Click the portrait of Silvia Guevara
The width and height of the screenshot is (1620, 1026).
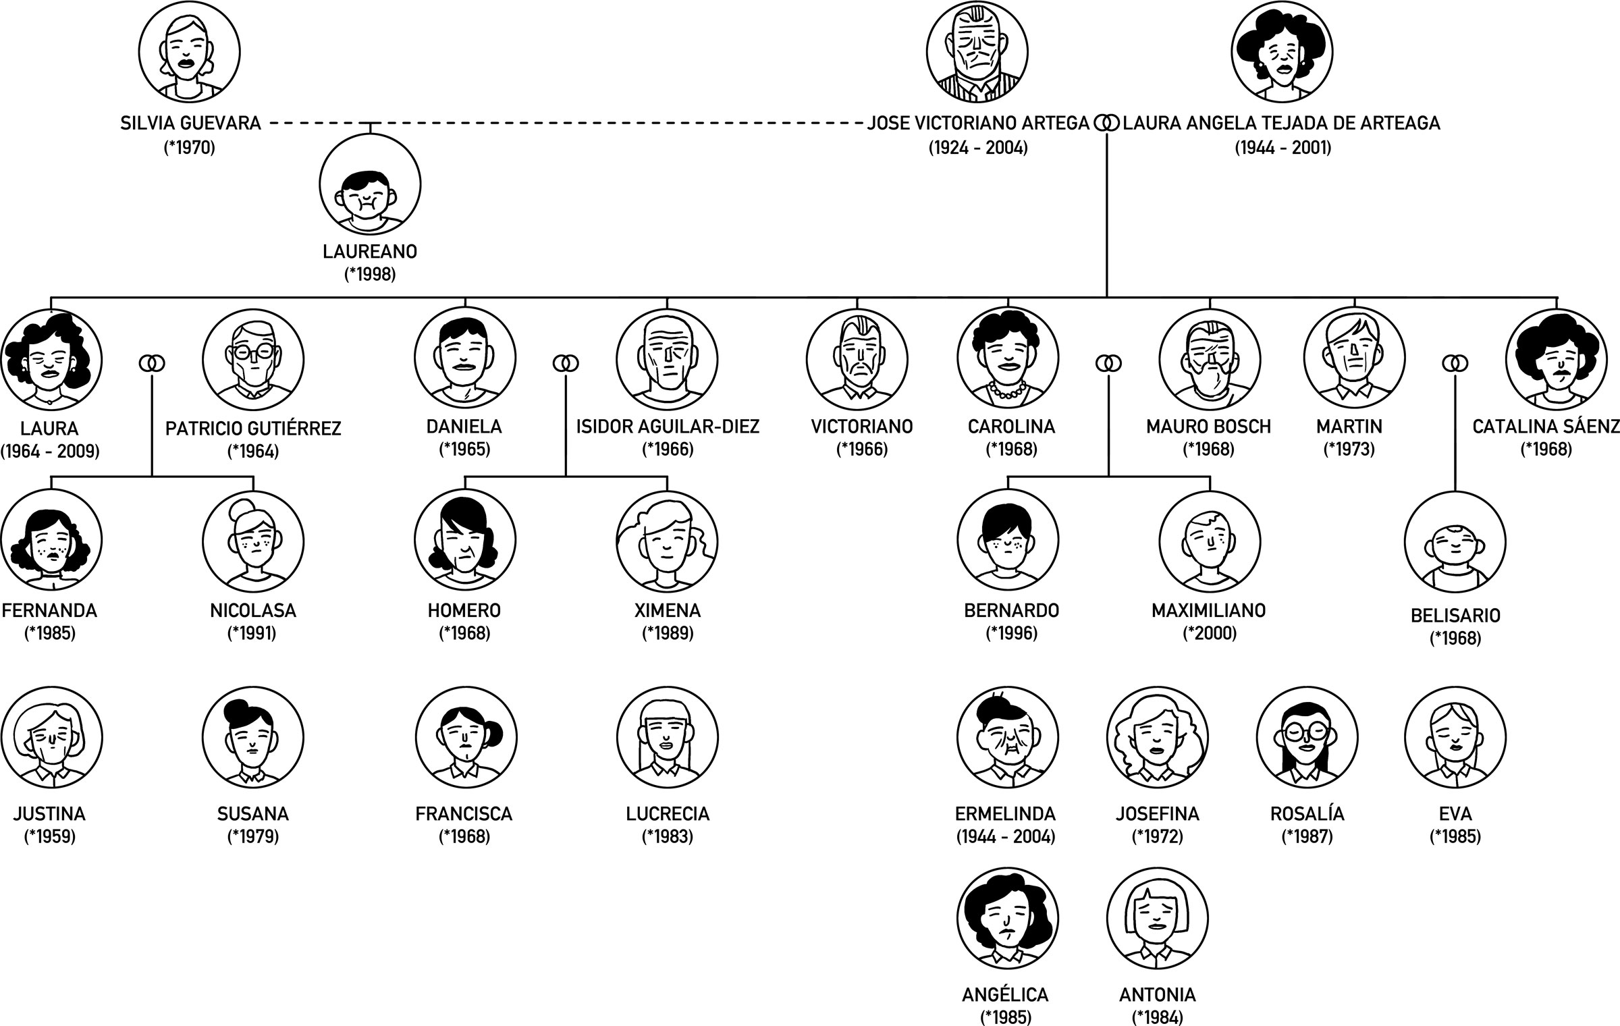coord(190,51)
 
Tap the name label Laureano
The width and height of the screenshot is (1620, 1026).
coord(370,252)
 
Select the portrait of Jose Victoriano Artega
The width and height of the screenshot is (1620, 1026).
coord(977,51)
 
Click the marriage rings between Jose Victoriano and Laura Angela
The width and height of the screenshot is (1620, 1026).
coord(1106,124)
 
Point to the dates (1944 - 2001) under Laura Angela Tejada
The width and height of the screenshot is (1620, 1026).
coord(1282,147)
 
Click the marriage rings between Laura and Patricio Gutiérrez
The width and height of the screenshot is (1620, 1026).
coord(152,364)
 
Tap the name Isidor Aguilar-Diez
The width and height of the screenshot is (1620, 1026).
coord(668,427)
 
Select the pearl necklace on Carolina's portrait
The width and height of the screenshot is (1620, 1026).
coord(1008,389)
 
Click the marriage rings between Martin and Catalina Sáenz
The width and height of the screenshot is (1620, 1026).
coord(1455,364)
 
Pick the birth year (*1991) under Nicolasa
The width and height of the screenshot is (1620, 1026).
coord(252,633)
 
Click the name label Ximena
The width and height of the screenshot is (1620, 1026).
coord(668,611)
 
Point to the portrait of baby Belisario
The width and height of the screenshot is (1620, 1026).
coord(1455,541)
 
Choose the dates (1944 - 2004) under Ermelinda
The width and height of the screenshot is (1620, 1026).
coord(1006,837)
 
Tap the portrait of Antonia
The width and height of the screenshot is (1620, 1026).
coord(1157,919)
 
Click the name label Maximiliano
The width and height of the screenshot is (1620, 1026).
coord(1209,611)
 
